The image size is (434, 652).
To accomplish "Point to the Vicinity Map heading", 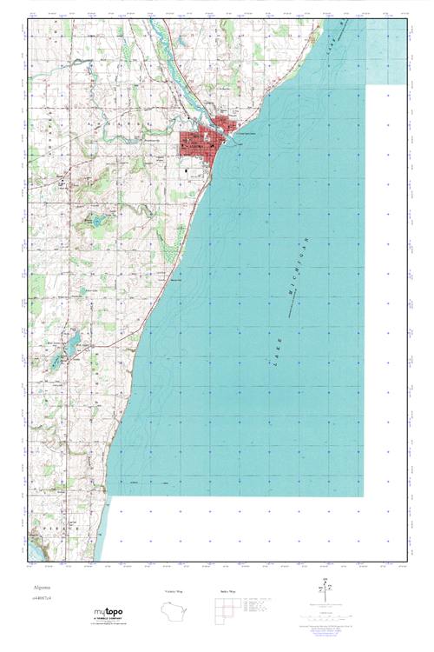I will [174, 591].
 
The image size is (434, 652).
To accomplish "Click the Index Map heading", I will [227, 591].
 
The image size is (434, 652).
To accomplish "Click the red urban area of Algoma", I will [201, 142].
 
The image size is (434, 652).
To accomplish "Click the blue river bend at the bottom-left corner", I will [36, 547].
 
